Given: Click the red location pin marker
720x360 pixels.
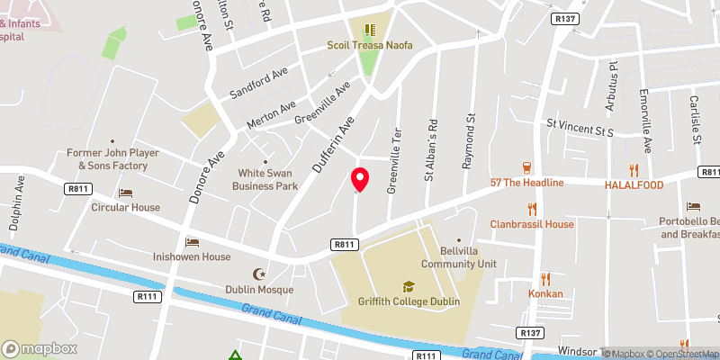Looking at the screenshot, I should (x=360, y=179).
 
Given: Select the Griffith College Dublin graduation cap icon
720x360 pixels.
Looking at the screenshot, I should (x=409, y=285).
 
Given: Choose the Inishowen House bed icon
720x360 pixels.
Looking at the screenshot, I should (x=191, y=242).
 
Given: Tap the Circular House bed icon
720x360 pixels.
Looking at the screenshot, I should (x=125, y=193).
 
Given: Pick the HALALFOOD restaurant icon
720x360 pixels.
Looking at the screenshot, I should (x=634, y=169).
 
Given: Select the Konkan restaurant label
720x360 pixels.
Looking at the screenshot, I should (x=544, y=293).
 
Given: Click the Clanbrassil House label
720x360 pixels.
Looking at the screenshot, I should (x=531, y=224).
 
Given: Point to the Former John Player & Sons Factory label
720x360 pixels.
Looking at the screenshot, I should (x=112, y=159).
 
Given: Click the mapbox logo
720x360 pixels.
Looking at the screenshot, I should (x=39, y=348).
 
